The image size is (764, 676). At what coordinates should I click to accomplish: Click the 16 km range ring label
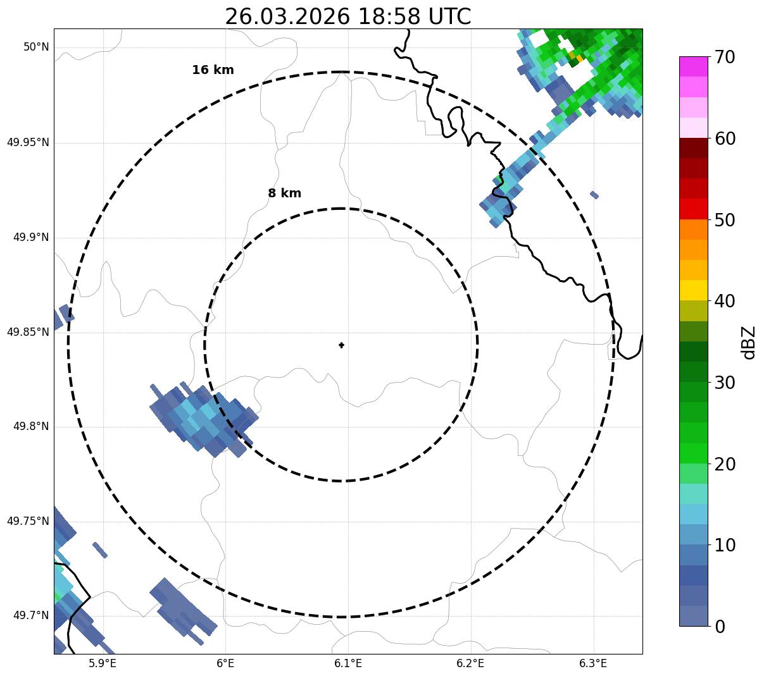pyautogui.click(x=213, y=70)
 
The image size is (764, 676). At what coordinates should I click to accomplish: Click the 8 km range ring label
pyautogui.click(x=284, y=194)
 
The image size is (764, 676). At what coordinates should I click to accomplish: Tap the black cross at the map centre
pyautogui.click(x=341, y=345)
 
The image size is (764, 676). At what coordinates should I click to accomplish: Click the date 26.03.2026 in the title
pyautogui.click(x=287, y=16)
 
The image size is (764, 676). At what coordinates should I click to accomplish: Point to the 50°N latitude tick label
pyautogui.click(x=36, y=47)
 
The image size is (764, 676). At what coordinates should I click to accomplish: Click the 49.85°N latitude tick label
pyautogui.click(x=28, y=332)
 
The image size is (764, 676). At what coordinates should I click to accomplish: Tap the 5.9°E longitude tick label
pyautogui.click(x=103, y=663)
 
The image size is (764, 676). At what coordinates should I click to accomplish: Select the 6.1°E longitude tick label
pyautogui.click(x=348, y=663)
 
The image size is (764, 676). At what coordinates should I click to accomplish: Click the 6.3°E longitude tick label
pyautogui.click(x=593, y=663)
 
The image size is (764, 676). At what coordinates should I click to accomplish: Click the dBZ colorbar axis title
pyautogui.click(x=749, y=343)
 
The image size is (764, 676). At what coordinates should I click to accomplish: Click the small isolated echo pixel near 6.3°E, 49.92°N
pyautogui.click(x=594, y=195)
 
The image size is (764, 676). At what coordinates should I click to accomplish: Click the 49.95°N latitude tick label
pyautogui.click(x=28, y=142)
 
